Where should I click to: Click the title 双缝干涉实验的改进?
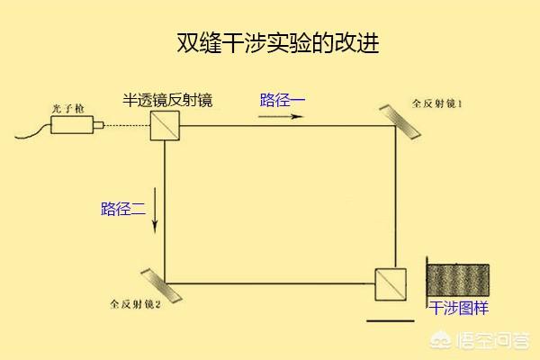tap(278, 43)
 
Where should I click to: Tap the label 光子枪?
tap(67, 109)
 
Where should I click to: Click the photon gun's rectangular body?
tap(72, 125)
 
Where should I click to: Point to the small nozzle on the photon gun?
tap(98, 125)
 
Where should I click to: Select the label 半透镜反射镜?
tap(167, 100)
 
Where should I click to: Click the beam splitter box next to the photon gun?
tap(165, 125)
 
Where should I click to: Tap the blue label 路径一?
tap(283, 100)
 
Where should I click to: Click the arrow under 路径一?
tap(281, 116)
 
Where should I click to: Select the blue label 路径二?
tap(123, 209)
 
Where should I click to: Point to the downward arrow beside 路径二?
tap(155, 211)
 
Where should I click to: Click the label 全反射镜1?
tap(437, 103)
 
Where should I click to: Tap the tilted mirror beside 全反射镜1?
tap(400, 122)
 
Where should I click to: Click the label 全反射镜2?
tap(135, 304)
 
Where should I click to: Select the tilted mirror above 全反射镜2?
tap(161, 285)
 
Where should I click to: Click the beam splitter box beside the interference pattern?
tap(391, 284)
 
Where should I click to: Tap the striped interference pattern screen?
tap(458, 280)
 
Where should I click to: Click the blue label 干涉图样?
tap(458, 308)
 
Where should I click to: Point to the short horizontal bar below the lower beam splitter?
tap(391, 320)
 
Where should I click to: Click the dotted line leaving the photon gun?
tap(127, 125)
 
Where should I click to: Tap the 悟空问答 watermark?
tap(480, 340)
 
